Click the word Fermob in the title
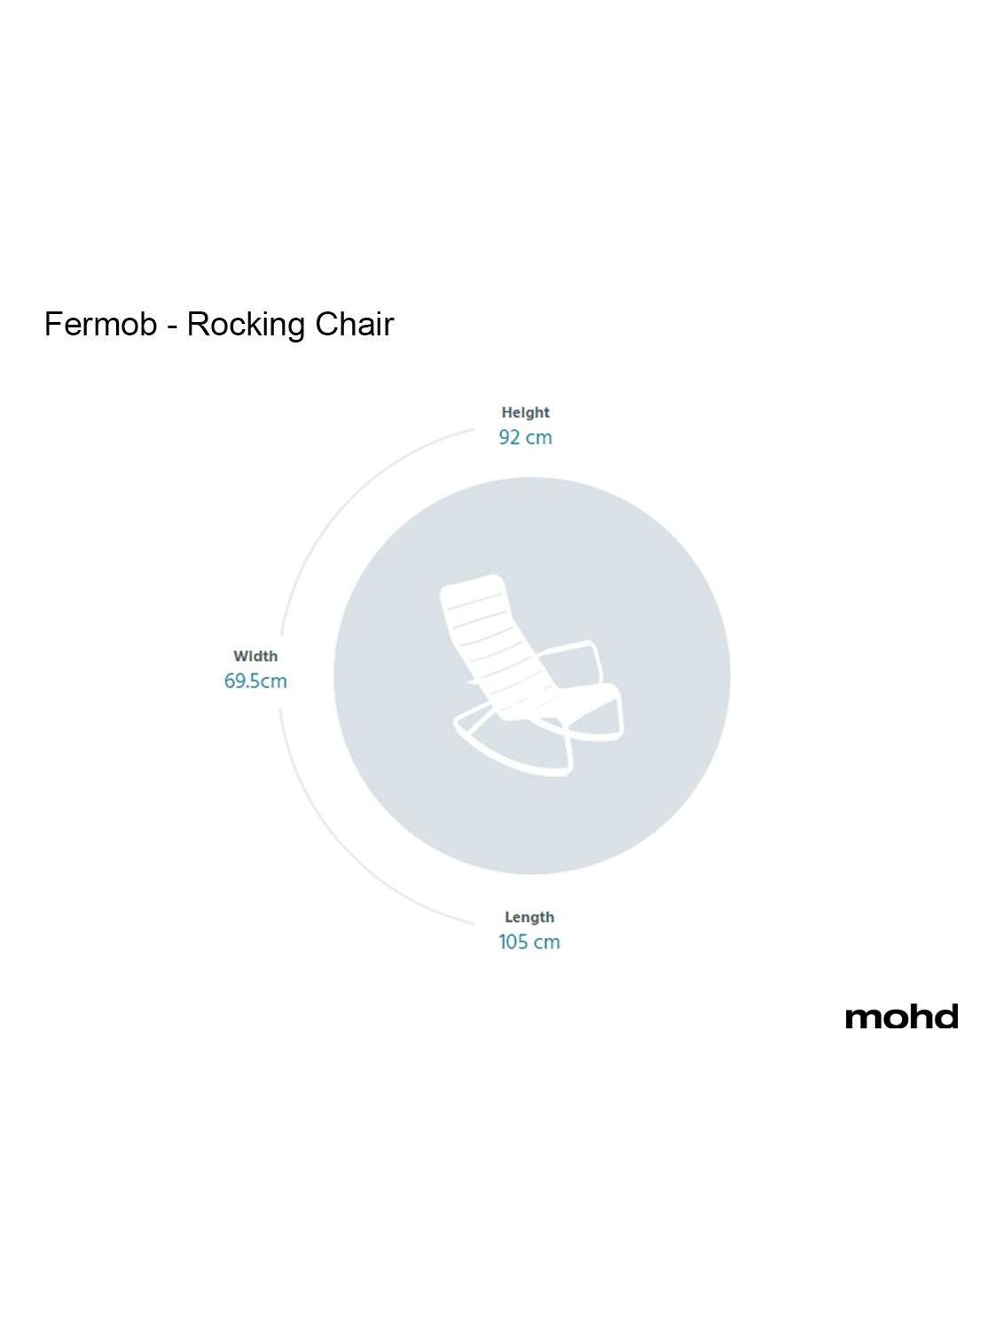point(100,325)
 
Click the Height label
point(525,413)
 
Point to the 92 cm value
point(525,437)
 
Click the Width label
point(255,657)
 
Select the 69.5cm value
point(255,681)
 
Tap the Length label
point(529,917)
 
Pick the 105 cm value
point(529,942)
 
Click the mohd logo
point(901,1017)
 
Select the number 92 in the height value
point(509,437)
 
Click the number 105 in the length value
point(513,942)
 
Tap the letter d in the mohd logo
point(946,1017)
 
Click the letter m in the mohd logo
point(863,1019)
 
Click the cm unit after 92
point(538,438)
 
